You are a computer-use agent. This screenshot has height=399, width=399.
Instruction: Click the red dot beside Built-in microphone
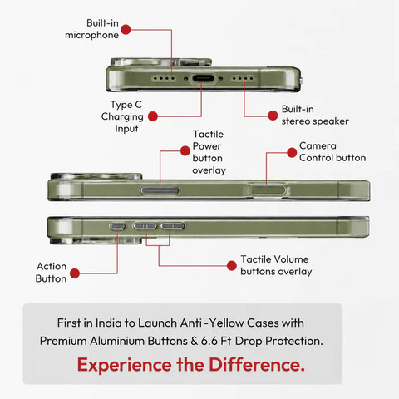click(x=126, y=29)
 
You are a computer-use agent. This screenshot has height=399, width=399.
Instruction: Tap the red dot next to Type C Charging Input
click(x=153, y=116)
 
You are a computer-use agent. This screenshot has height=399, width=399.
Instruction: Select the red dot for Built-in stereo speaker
click(x=273, y=116)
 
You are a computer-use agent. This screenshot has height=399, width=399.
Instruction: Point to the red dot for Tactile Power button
click(x=185, y=150)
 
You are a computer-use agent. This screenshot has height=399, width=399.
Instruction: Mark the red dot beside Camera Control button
click(x=292, y=152)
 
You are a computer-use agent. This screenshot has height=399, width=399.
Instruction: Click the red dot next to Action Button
click(x=75, y=273)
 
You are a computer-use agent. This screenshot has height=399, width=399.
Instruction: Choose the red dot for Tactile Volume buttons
click(x=231, y=266)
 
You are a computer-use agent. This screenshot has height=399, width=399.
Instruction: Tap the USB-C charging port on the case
click(x=204, y=78)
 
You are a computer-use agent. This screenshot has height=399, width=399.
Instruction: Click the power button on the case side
click(x=160, y=190)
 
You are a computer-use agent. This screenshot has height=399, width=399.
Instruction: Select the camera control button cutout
click(x=268, y=190)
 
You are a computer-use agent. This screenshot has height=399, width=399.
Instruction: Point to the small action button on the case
click(x=118, y=226)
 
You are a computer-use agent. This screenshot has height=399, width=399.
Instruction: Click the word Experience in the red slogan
click(x=125, y=365)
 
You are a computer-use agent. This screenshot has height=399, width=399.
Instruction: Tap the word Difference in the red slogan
click(x=257, y=364)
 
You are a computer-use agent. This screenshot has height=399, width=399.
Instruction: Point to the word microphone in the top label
click(x=91, y=36)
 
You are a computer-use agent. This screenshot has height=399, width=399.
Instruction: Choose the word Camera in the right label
click(x=318, y=145)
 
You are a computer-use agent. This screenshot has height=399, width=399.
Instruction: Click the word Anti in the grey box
click(x=191, y=323)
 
